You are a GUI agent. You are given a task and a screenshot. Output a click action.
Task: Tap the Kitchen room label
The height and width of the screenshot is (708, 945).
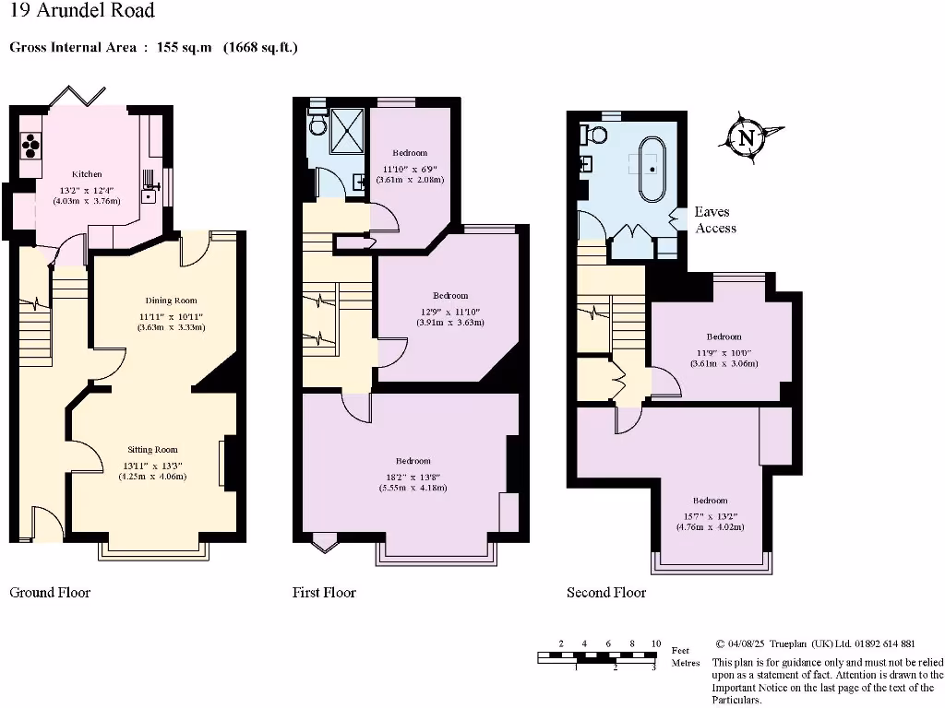point(87,174)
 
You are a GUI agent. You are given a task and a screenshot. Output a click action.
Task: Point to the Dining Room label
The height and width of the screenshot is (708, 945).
point(171,301)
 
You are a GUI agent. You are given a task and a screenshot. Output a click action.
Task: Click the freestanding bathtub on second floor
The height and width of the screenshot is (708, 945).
point(652,169)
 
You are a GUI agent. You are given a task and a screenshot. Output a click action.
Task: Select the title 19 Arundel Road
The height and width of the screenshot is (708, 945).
point(82,11)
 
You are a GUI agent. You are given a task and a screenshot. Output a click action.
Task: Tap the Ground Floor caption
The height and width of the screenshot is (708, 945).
point(50,592)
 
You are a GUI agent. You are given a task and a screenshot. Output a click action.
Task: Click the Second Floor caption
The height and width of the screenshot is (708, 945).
point(606,592)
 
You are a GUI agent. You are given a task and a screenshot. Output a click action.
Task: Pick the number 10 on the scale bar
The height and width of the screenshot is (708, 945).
point(655,643)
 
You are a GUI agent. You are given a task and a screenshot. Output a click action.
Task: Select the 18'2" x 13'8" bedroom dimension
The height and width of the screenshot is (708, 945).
point(413,476)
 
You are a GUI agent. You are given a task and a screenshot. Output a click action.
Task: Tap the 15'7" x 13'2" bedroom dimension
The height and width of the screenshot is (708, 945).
point(710,515)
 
